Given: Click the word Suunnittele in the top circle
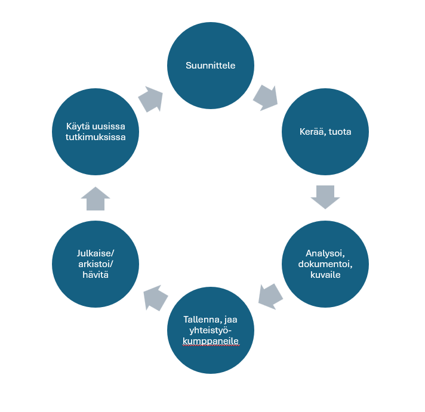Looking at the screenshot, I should (x=210, y=66).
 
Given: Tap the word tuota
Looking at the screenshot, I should (x=339, y=131).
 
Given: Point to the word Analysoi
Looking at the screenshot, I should (x=325, y=252).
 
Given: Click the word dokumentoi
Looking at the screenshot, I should (x=325, y=264).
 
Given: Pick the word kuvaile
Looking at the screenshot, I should (x=325, y=275).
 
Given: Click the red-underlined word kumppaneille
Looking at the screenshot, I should (x=210, y=341).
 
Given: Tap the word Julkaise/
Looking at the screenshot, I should (x=96, y=252).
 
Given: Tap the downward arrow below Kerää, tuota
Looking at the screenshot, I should (x=325, y=197).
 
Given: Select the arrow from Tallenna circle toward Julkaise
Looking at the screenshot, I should (x=156, y=298).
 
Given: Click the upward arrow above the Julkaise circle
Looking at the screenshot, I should (x=95, y=199).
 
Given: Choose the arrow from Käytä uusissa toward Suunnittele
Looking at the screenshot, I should (x=152, y=100).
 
